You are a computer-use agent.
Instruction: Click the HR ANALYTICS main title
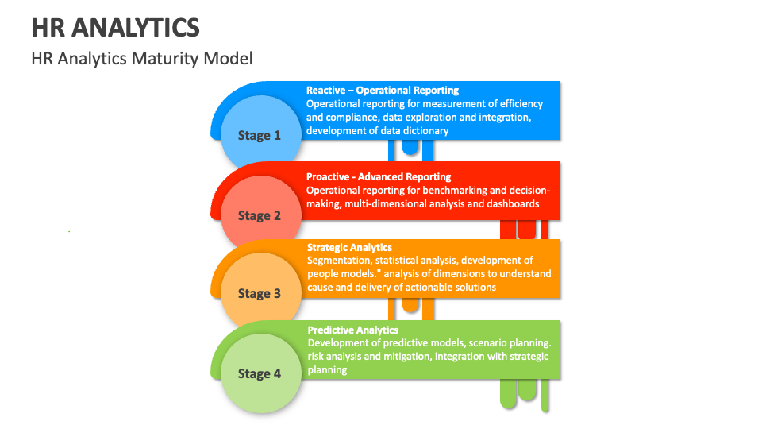(x=115, y=28)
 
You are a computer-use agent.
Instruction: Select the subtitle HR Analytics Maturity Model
(x=142, y=59)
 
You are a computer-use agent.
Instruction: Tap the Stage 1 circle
(x=260, y=135)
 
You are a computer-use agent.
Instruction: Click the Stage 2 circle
(x=260, y=215)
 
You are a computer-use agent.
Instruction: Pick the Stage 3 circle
(x=260, y=293)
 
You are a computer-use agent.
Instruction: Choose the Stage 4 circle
(x=260, y=373)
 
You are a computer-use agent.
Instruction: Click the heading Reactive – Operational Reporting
(x=383, y=91)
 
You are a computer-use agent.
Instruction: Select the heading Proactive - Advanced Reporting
(x=379, y=177)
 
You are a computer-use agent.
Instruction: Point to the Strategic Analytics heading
(x=349, y=248)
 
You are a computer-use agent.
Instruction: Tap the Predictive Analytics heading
(x=352, y=330)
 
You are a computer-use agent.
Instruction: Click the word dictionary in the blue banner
(x=425, y=130)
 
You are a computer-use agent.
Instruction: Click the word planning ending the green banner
(x=327, y=369)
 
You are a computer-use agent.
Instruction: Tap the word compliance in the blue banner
(x=354, y=117)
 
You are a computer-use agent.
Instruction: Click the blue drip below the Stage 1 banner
(x=410, y=147)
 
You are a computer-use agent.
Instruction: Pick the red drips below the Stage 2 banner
(x=525, y=229)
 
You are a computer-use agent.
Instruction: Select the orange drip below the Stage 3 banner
(x=410, y=305)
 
